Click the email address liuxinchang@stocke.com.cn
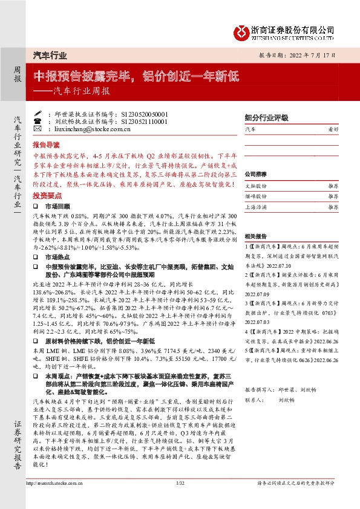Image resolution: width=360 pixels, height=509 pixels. click(x=88, y=129)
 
